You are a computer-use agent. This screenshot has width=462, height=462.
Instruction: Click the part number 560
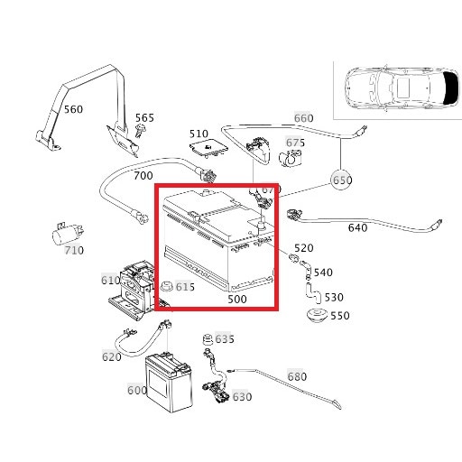pyautogui.click(x=73, y=109)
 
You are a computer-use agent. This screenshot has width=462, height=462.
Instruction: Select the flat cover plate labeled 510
pyautogui.click(x=208, y=148)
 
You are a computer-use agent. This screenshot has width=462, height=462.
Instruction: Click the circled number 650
pyautogui.click(x=342, y=180)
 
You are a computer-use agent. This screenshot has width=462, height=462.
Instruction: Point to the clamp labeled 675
pyautogui.click(x=290, y=158)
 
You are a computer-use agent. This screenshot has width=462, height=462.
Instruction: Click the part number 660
pyautogui.click(x=303, y=118)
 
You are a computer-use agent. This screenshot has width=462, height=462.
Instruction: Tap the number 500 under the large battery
pyautogui.click(x=237, y=299)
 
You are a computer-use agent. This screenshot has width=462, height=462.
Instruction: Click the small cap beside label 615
pyautogui.click(x=166, y=286)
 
